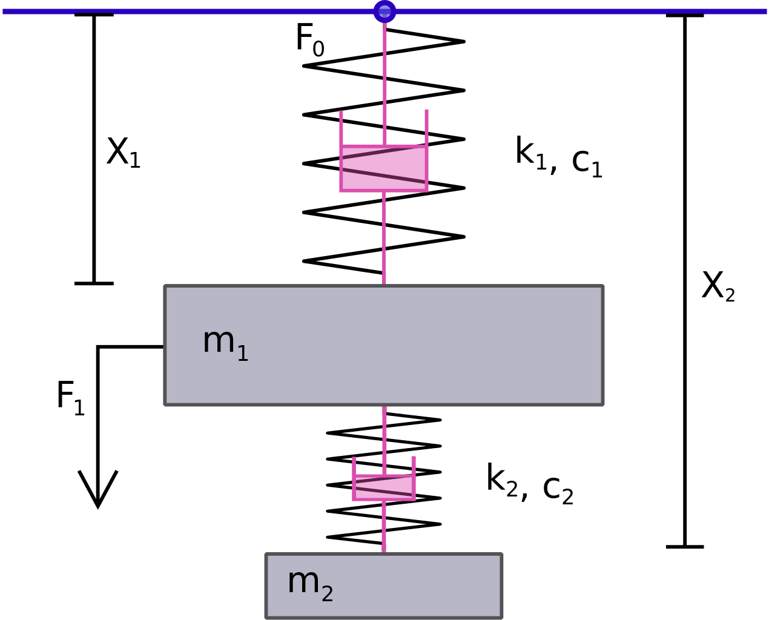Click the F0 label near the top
(310, 39)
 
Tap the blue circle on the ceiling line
(384, 12)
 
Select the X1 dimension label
(124, 153)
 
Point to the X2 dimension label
(718, 286)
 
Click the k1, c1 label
(559, 157)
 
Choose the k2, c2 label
(530, 484)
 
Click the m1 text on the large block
(225, 345)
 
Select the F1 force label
(71, 398)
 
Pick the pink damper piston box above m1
(384, 168)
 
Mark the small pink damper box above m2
(384, 488)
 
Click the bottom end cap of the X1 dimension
(94, 283)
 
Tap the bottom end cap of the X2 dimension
(685, 547)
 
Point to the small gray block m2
(384, 587)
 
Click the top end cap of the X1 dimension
(94, 15)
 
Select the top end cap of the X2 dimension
(685, 15)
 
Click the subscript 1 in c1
(597, 170)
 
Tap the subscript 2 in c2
(568, 496)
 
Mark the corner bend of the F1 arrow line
(98, 346)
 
